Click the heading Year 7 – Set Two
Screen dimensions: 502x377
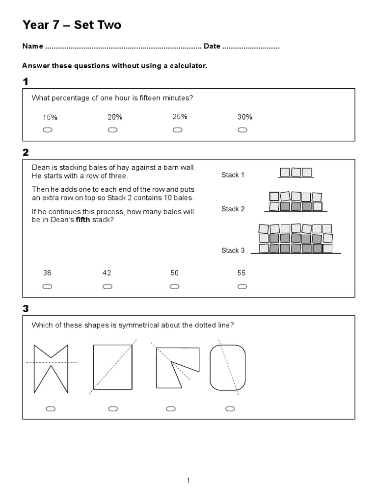pos(72,25)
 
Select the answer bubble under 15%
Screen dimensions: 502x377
pos(48,130)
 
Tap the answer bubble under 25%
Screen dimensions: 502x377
pos(177,130)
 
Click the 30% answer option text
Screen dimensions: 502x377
pos(244,117)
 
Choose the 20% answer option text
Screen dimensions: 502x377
pos(115,117)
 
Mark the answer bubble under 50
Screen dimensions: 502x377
pos(174,287)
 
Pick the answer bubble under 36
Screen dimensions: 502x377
pos(48,287)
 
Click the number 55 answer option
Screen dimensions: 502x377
pos(241,273)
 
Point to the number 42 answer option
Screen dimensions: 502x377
pos(107,273)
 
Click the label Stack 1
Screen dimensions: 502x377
pos(233,175)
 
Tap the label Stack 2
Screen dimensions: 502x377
pos(233,209)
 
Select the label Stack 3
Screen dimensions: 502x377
pos(233,251)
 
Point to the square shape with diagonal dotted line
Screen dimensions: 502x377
pos(113,367)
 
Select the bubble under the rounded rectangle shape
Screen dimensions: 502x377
pos(229,408)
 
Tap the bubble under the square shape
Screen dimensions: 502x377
pos(113,408)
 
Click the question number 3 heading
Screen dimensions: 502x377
pos(26,309)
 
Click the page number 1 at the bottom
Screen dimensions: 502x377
pos(188,480)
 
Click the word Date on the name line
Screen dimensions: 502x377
pos(212,47)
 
